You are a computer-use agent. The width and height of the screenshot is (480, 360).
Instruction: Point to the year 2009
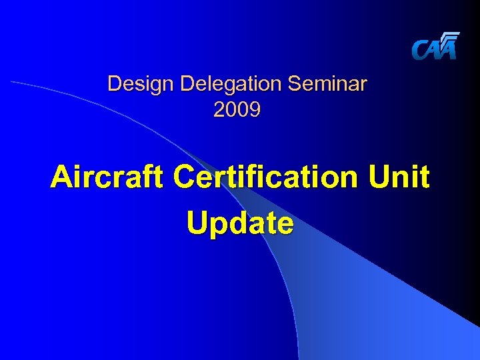237,109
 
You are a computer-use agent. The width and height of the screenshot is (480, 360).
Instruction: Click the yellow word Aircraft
106,178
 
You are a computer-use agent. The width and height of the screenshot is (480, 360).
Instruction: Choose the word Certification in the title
264,178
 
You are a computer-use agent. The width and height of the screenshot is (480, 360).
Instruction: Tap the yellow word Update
239,223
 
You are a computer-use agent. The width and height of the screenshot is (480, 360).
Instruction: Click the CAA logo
435,47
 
